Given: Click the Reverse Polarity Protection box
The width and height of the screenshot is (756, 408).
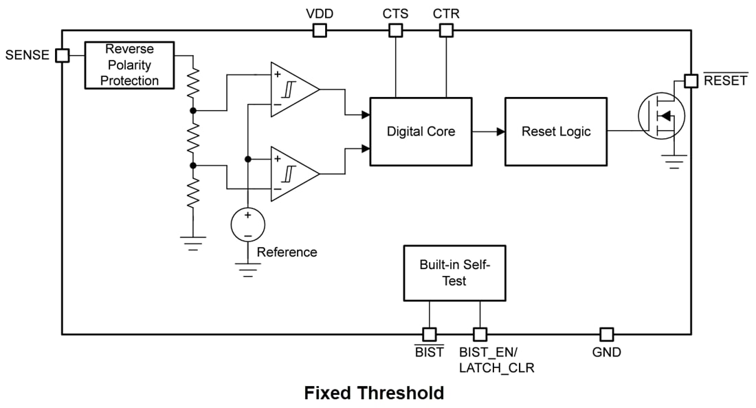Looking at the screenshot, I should coord(129,65).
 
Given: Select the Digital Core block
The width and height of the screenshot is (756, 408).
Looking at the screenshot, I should coord(421,131).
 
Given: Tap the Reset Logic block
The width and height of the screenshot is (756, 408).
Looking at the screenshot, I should coord(555,131).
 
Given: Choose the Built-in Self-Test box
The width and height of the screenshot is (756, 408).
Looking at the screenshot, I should coord(454,273).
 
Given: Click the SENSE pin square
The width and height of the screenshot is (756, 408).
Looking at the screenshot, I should coord(63,55).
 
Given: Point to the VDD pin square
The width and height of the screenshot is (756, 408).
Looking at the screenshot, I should coord(320,30).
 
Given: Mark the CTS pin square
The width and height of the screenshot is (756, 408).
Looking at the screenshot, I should coord(395,30).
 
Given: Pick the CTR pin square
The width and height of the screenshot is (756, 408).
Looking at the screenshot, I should coord(446,30).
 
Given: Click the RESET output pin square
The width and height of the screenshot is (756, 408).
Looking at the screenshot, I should coord(691,81).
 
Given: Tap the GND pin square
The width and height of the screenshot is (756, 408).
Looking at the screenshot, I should coord(606,334).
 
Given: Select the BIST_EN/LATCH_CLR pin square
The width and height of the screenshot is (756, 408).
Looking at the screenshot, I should coord(480,334).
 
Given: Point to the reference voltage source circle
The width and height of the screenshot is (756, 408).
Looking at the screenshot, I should coord(247,224).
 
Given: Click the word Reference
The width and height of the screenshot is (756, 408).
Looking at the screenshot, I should coord(287,253).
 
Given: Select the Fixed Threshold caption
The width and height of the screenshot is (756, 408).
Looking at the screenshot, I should coord(374,393).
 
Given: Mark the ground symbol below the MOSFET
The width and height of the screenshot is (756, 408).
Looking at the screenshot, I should coord(675,164).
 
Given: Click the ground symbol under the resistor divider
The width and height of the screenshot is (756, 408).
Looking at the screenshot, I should coord(193,242).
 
